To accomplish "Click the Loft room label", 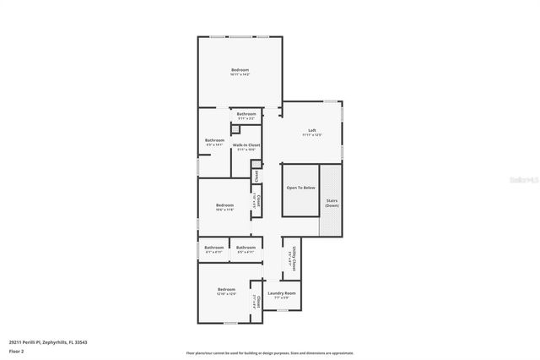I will click(312, 130).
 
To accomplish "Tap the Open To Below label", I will click(300, 188).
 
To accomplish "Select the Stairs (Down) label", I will click(332, 203).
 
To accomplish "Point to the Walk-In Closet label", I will click(246, 145).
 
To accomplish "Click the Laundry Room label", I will click(281, 293).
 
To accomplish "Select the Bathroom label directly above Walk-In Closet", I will click(246, 114).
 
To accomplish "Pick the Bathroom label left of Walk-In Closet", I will click(214, 140).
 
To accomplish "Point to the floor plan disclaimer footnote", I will click(269, 353).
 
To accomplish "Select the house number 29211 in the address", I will click(16, 342).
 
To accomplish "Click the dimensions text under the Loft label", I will click(312, 135).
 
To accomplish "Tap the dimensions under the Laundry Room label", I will click(281, 298).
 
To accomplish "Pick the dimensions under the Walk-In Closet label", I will click(246, 150).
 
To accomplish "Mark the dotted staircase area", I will click(332, 201).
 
